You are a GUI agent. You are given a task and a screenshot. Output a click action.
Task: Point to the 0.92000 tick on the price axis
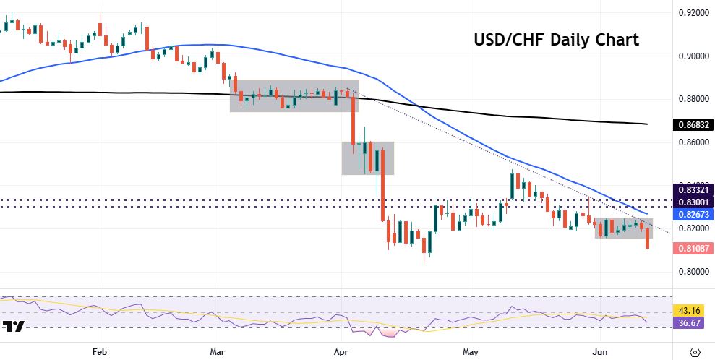(692, 14)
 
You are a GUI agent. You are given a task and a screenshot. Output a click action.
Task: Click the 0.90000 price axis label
(692, 56)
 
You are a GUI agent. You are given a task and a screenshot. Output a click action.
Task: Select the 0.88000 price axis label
(692, 99)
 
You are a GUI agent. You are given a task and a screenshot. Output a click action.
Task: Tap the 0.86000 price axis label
(692, 142)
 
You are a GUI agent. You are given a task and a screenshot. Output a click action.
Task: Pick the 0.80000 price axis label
(692, 272)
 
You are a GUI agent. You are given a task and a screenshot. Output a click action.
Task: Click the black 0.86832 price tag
(692, 124)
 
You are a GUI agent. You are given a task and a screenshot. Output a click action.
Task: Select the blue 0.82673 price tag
(692, 215)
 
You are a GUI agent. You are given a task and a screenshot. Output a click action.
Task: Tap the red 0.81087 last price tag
(692, 248)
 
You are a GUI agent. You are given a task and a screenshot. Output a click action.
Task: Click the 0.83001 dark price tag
(692, 202)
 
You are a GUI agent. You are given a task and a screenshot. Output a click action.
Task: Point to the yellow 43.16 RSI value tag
(692, 309)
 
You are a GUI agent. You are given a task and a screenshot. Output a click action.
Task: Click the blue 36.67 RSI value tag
(692, 323)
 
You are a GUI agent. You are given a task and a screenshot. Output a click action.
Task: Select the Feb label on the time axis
(100, 352)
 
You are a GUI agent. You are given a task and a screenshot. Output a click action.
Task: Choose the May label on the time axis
(471, 352)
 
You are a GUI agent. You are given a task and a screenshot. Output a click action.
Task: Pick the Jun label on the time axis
(600, 352)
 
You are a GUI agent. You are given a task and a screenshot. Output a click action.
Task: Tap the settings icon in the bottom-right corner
(695, 352)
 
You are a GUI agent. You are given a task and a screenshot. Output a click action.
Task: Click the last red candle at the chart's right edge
(647, 239)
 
